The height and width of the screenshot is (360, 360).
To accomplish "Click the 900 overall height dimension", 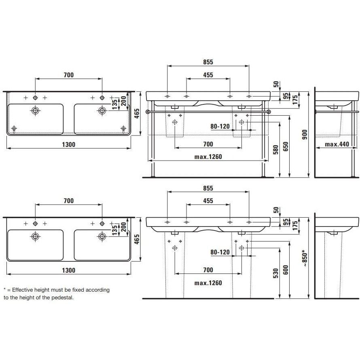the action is coord(305,135).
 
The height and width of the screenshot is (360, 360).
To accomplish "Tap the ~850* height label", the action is coord(305,258).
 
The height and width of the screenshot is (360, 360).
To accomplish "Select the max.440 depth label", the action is coord(337,144).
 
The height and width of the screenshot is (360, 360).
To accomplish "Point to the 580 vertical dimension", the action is coord(276,150).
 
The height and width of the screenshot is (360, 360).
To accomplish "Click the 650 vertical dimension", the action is coord(286,146).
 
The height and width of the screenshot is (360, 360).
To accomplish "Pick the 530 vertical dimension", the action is coord(276,273).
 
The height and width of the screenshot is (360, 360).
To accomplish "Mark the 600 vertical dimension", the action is coord(286,270).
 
